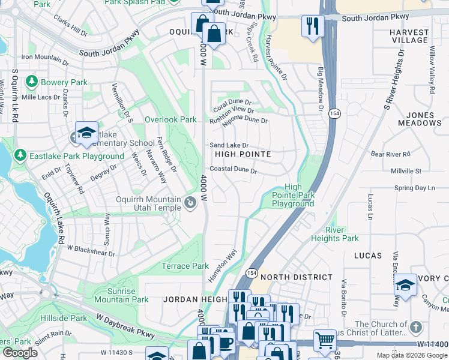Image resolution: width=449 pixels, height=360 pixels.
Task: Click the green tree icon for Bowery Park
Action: pos(29,82)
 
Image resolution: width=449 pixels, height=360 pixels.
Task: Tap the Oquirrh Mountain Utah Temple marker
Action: pos(190,203)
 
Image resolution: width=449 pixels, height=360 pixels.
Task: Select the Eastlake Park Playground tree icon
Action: pos(20,156)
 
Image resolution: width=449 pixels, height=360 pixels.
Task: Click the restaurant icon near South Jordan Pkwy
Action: pos(312,25)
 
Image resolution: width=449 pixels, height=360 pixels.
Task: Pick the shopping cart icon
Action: pos(325,340)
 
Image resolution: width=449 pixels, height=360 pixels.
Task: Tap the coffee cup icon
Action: pos(226,342)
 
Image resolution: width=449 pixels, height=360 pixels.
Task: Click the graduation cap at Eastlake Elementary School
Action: pos(86,132)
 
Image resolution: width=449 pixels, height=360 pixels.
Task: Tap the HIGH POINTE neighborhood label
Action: pos(243,154)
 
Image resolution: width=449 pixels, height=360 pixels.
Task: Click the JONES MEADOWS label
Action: pos(420,119)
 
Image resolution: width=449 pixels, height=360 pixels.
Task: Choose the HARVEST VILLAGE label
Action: pos(409,36)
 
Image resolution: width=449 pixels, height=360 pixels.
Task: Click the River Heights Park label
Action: pos(334,234)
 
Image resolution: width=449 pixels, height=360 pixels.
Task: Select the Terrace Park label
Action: pos(185,266)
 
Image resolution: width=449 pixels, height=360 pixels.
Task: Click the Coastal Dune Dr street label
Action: pos(234,170)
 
